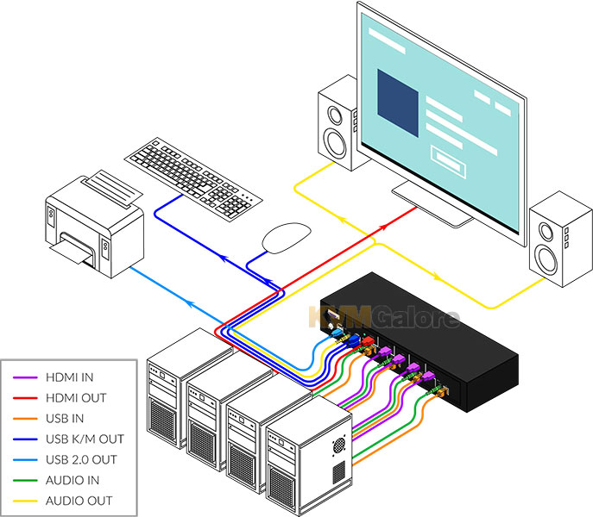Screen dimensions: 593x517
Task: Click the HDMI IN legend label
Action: click(x=69, y=377)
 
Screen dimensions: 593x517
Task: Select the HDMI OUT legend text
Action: click(x=76, y=398)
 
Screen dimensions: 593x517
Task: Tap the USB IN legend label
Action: click(x=65, y=419)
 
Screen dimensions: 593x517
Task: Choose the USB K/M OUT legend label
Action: click(x=85, y=439)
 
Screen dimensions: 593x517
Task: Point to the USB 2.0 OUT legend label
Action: click(x=81, y=459)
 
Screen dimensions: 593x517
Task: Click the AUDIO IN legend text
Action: click(x=73, y=480)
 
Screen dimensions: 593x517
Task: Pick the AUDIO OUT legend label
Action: click(x=79, y=501)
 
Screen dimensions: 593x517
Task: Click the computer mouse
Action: click(x=287, y=238)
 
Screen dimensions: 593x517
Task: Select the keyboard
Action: click(x=193, y=179)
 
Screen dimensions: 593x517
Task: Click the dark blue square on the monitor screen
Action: click(x=398, y=103)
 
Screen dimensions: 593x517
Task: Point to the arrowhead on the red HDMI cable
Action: click(x=383, y=227)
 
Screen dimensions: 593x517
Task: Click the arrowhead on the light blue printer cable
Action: click(x=189, y=302)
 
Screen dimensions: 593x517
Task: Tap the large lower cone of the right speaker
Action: click(x=546, y=260)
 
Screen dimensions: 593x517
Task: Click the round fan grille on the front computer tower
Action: click(x=339, y=446)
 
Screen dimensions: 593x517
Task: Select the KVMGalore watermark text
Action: click(x=384, y=317)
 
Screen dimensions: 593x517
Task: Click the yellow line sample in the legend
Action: click(x=25, y=501)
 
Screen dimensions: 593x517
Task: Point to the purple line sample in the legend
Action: click(x=25, y=377)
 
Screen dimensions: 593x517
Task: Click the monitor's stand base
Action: click(x=432, y=204)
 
